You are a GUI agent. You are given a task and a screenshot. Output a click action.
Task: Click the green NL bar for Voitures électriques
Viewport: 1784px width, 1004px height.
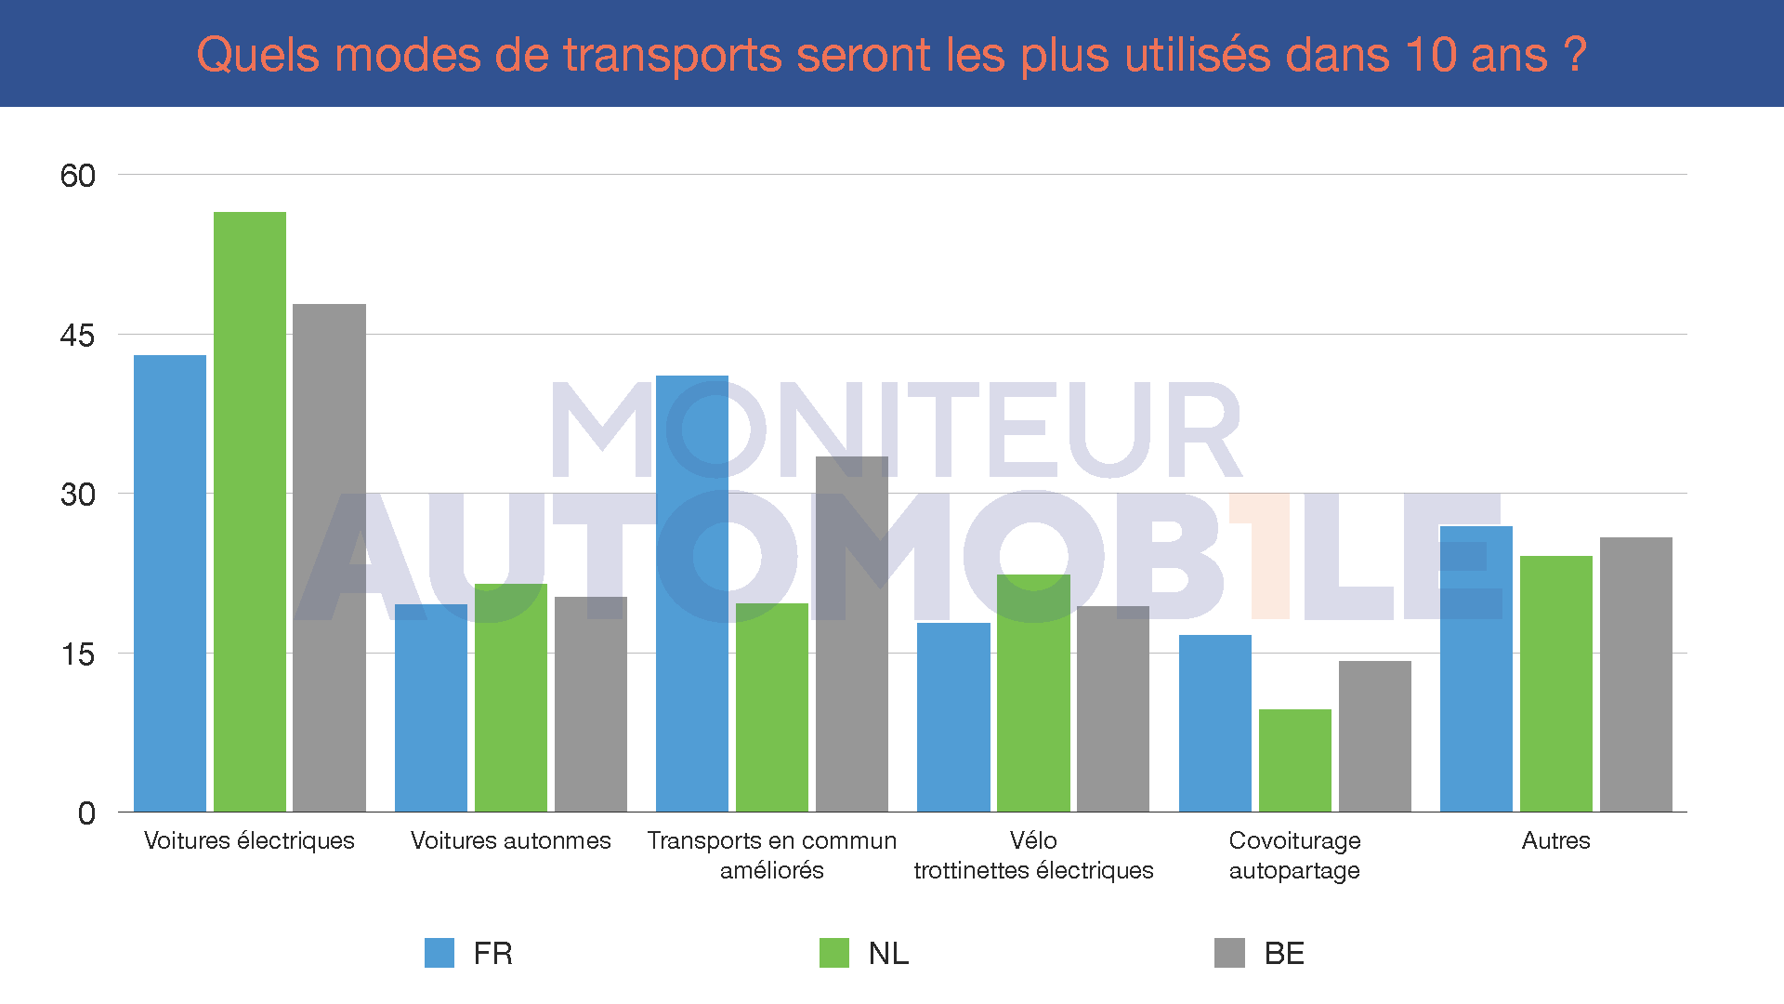250,511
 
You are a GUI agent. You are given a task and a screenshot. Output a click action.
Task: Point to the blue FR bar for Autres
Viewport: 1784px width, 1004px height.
1476,669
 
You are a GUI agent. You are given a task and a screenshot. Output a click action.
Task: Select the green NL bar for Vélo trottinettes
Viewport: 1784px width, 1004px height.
1033,693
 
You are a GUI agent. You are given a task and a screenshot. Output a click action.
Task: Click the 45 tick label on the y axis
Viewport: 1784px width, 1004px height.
77,336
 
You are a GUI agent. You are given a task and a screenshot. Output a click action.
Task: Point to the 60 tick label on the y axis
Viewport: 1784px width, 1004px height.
77,176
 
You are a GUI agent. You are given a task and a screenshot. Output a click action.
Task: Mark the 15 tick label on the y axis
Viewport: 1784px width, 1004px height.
77,654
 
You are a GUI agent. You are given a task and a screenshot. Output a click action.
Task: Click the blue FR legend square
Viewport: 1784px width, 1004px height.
439,953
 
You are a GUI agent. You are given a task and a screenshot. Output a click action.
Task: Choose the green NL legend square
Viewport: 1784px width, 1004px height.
834,953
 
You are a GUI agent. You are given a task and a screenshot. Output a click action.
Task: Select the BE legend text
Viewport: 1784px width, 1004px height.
1284,954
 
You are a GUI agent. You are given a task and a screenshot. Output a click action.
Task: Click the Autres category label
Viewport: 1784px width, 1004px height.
1555,840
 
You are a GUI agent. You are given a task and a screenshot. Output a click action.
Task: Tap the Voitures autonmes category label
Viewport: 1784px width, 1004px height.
511,840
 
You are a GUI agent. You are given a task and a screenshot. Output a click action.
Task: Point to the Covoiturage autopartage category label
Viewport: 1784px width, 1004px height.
1294,855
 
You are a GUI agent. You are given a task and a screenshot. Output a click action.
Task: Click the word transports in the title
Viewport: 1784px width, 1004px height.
673,56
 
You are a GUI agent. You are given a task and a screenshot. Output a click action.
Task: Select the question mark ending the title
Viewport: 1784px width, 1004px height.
1574,55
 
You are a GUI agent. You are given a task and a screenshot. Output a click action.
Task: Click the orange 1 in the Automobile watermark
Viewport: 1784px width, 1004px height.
1265,555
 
